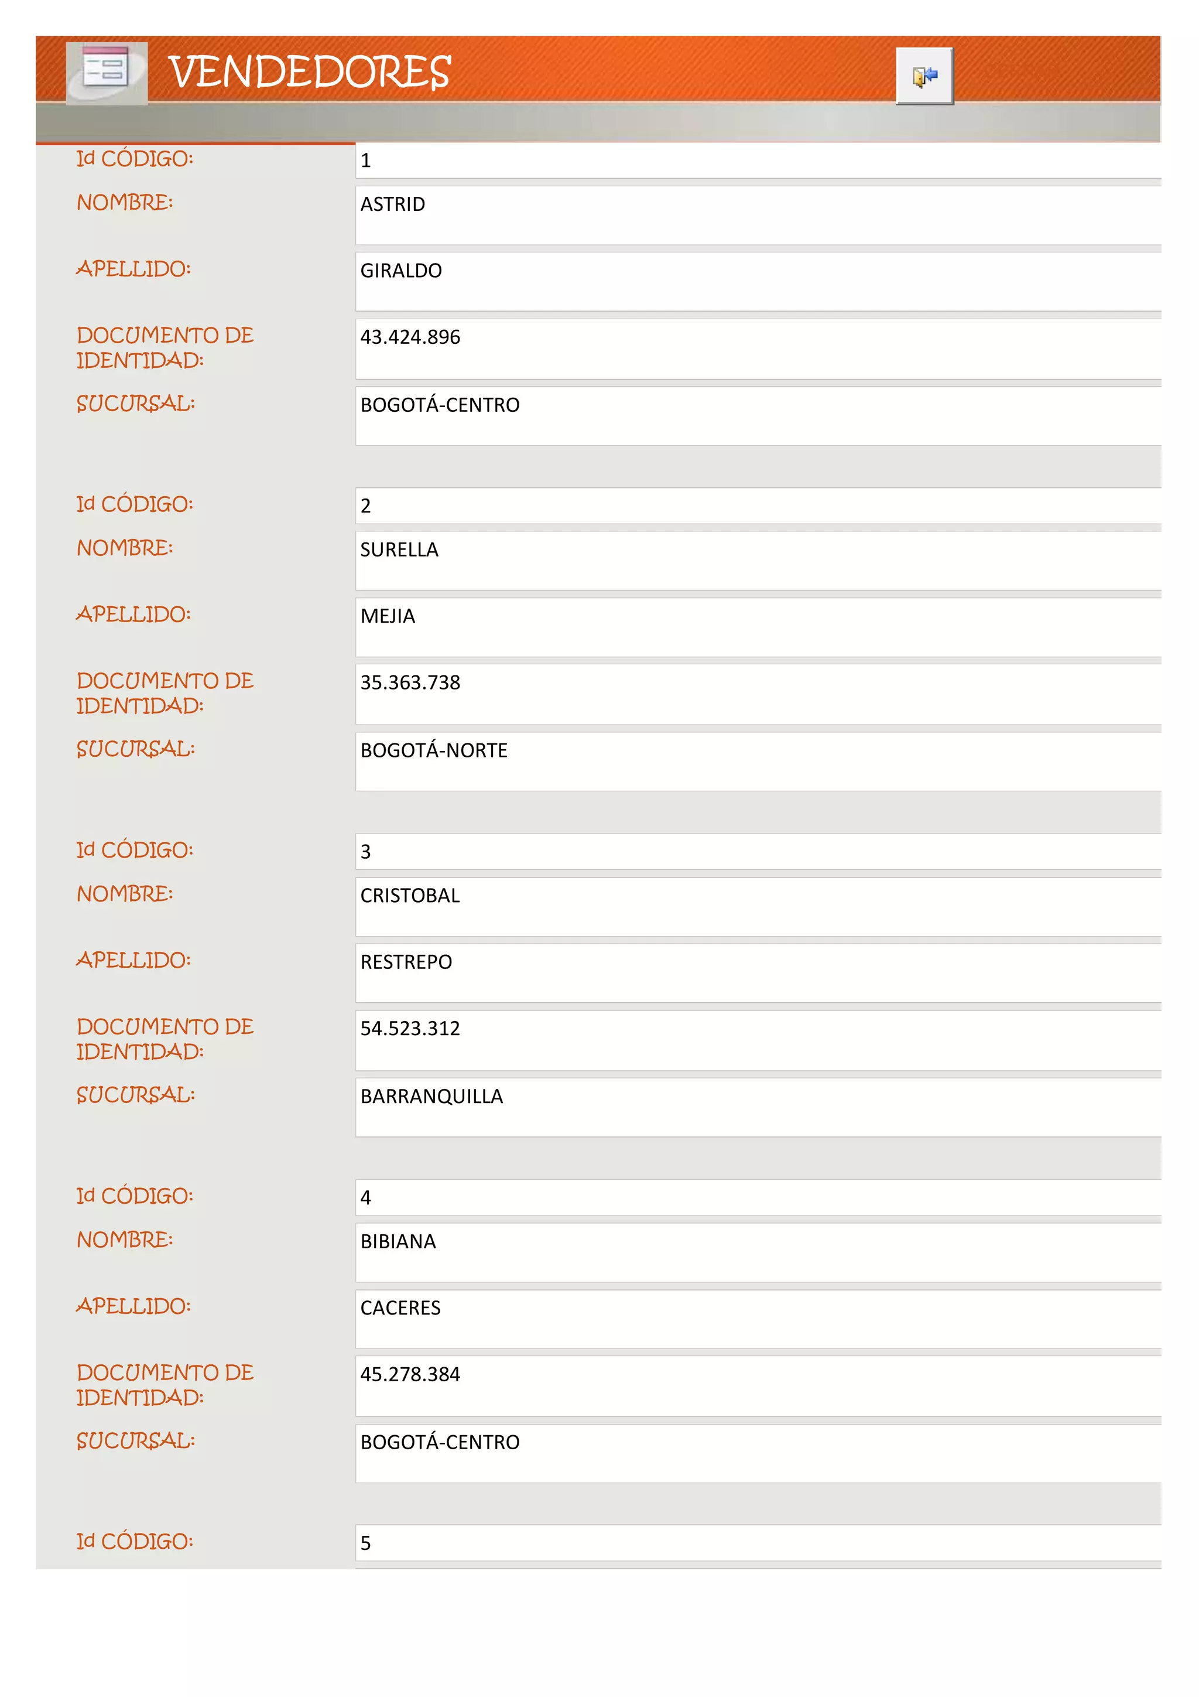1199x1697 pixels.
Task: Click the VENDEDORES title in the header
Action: pyautogui.click(x=310, y=73)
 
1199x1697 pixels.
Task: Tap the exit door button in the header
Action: pyautogui.click(x=924, y=76)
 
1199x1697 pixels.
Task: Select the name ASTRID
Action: pyautogui.click(x=392, y=205)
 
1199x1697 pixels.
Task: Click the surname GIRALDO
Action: pyautogui.click(x=400, y=271)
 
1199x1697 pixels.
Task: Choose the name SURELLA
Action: pyautogui.click(x=399, y=550)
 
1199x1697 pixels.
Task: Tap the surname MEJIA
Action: pyautogui.click(x=387, y=616)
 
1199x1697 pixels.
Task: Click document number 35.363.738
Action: pyautogui.click(x=410, y=683)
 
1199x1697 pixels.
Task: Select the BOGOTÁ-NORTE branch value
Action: pyautogui.click(x=434, y=751)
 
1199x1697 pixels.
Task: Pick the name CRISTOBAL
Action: pyautogui.click(x=409, y=896)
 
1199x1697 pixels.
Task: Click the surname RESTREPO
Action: pyautogui.click(x=406, y=962)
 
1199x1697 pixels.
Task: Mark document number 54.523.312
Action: pyautogui.click(x=410, y=1029)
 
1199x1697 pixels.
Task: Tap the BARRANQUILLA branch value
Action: pyautogui.click(x=431, y=1097)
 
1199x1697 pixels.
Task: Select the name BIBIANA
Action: pyautogui.click(x=398, y=1242)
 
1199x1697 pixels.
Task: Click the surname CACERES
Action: pyautogui.click(x=400, y=1308)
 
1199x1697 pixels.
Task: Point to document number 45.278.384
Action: pyautogui.click(x=410, y=1375)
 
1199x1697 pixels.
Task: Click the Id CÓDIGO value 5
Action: pyautogui.click(x=366, y=1544)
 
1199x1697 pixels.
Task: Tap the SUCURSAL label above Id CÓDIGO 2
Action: pyautogui.click(x=136, y=404)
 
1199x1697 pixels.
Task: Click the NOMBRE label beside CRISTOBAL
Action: pyautogui.click(x=125, y=894)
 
